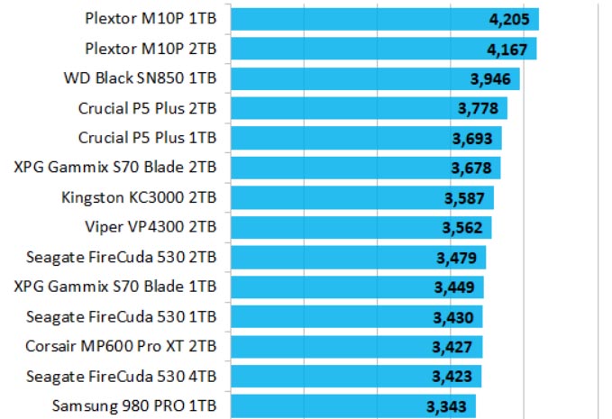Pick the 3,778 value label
[479, 109]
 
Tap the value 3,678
[471, 169]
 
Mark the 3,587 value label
[465, 198]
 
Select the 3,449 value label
[455, 287]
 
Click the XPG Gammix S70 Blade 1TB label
[115, 287]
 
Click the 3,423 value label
[452, 377]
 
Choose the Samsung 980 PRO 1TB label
[134, 405]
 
